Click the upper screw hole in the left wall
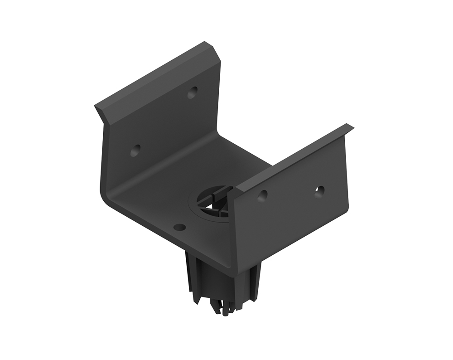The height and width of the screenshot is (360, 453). coord(193,92)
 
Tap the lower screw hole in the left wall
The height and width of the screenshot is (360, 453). coord(135,150)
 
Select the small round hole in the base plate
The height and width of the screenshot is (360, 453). coord(180,227)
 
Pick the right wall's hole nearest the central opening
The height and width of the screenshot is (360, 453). coord(262,195)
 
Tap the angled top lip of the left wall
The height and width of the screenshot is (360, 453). coord(154,77)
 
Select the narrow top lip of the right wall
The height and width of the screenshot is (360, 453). coord(294,154)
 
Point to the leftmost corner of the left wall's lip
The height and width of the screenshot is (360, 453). coord(95,107)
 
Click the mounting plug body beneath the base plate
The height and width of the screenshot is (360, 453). coord(222,281)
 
